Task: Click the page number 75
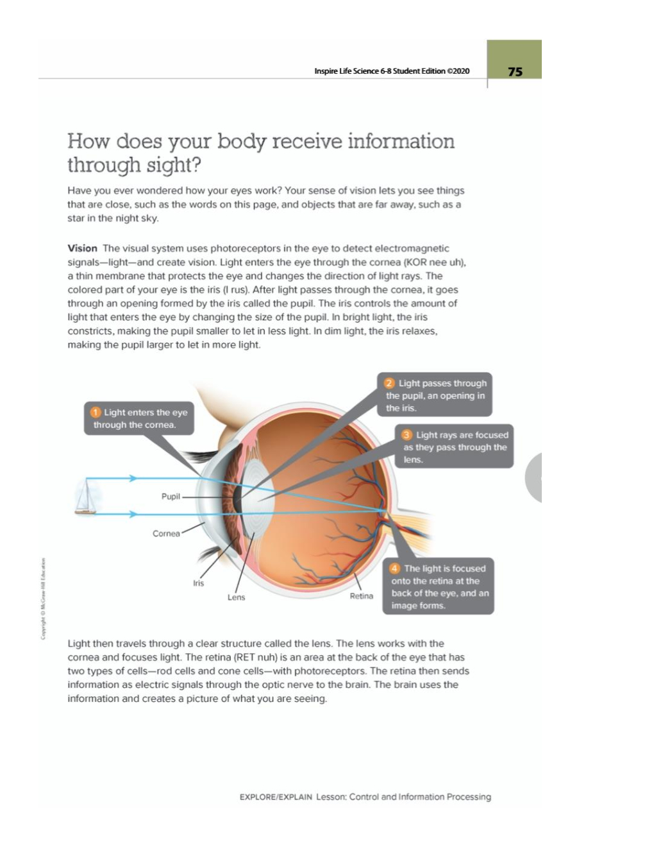(515, 72)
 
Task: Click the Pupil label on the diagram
(171, 497)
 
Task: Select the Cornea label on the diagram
(166, 533)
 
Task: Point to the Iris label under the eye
(199, 583)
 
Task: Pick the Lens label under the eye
(236, 597)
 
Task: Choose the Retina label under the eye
(361, 596)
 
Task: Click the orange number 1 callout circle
(96, 412)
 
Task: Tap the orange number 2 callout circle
(389, 383)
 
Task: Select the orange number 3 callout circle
(407, 435)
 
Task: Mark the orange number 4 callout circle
(395, 569)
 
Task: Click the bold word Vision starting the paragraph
(82, 248)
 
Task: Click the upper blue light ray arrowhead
(133, 478)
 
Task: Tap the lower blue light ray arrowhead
(133, 514)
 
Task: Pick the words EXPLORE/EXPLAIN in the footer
(276, 797)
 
